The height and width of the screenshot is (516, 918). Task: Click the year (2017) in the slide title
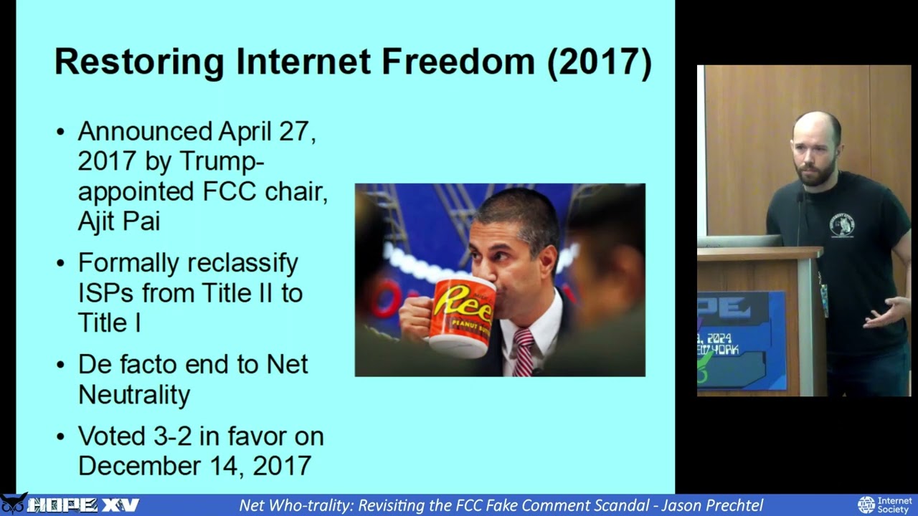(600, 62)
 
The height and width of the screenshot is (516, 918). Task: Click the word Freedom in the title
(458, 62)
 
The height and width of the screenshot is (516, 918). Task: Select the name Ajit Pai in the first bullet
(118, 221)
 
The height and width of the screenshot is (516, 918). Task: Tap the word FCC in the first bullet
(228, 191)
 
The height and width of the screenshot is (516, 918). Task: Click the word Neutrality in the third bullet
(134, 394)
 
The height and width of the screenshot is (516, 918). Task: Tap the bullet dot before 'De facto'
(61, 365)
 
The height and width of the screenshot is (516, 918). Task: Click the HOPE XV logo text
(82, 505)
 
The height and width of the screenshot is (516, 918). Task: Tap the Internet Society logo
(884, 505)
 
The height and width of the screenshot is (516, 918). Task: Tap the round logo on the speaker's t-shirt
(841, 224)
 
